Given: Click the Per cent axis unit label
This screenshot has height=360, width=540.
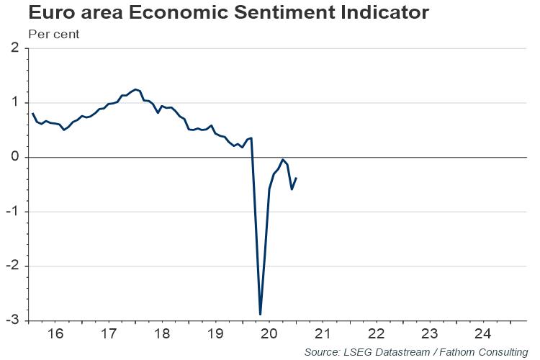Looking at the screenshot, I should (54, 34).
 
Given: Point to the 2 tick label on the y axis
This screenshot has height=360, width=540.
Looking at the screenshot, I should (15, 48).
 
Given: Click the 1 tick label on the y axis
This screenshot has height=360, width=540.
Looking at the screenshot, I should (15, 102).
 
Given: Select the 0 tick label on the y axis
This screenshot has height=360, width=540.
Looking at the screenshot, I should (15, 157).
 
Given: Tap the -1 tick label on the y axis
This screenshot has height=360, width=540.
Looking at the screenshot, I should (13, 212).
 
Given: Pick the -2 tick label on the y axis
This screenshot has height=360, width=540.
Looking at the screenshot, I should (13, 266).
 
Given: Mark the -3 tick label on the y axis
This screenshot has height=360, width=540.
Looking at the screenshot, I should (13, 320).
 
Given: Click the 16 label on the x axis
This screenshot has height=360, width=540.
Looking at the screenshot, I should (55, 334).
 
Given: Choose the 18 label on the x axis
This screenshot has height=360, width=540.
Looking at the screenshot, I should (162, 334).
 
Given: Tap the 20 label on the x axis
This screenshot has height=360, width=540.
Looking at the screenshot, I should (269, 334).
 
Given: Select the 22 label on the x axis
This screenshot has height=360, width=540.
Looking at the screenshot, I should (376, 334).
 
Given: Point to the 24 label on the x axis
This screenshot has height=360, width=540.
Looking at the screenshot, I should (483, 334).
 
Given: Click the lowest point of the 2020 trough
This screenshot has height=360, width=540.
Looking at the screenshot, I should (260, 315).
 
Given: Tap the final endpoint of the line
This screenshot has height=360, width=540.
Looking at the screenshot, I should (297, 178).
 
